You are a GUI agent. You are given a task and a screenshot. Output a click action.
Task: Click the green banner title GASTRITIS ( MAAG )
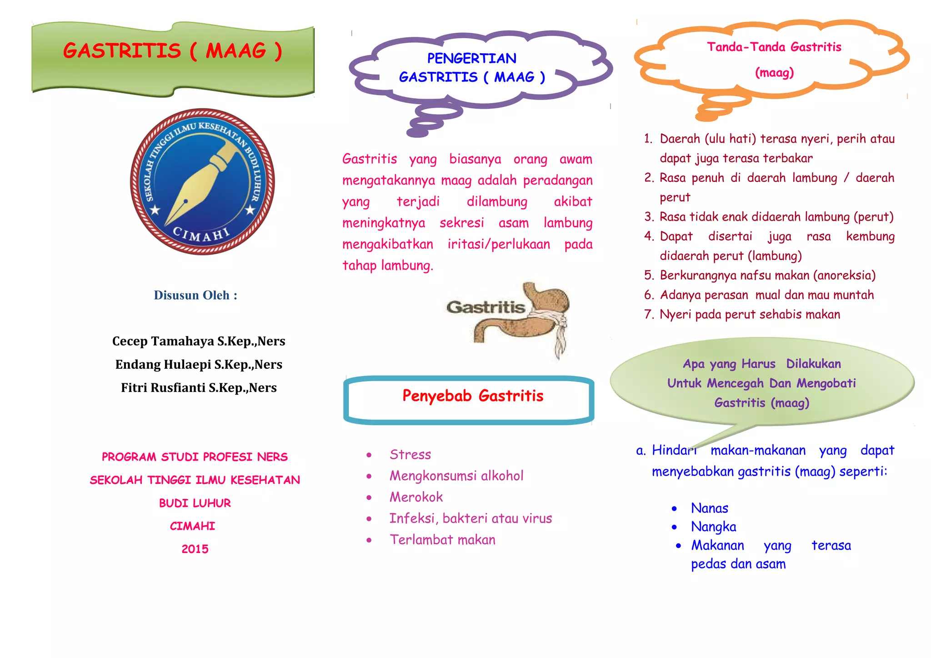click(173, 51)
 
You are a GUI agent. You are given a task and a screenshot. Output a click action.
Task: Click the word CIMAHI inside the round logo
click(201, 235)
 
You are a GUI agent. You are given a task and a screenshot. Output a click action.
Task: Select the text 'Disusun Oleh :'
click(195, 296)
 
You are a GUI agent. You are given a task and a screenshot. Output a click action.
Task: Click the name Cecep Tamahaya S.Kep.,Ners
click(199, 341)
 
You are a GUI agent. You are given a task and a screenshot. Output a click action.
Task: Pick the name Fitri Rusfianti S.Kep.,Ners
click(199, 388)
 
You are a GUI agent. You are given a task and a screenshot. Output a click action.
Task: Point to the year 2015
click(195, 549)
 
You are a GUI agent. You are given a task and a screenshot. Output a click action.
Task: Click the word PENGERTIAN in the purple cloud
click(472, 59)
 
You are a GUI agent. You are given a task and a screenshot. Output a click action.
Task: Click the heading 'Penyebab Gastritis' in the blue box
click(473, 396)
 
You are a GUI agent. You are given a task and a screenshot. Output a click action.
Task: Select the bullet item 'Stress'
click(410, 455)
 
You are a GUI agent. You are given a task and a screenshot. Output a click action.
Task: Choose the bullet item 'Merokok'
click(416, 497)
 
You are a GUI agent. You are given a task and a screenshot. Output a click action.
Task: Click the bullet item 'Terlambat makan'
click(442, 540)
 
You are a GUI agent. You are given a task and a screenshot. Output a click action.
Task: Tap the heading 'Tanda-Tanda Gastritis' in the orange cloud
click(774, 47)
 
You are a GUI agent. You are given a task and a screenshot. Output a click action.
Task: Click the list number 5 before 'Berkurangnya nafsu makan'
click(649, 276)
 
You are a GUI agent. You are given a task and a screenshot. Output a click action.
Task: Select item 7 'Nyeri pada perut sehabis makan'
click(750, 315)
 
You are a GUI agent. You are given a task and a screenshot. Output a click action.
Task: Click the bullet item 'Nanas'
click(709, 508)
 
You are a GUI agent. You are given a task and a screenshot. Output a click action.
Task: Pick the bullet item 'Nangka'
click(713, 527)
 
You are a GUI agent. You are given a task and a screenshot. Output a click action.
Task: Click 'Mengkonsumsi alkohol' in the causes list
click(456, 476)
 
